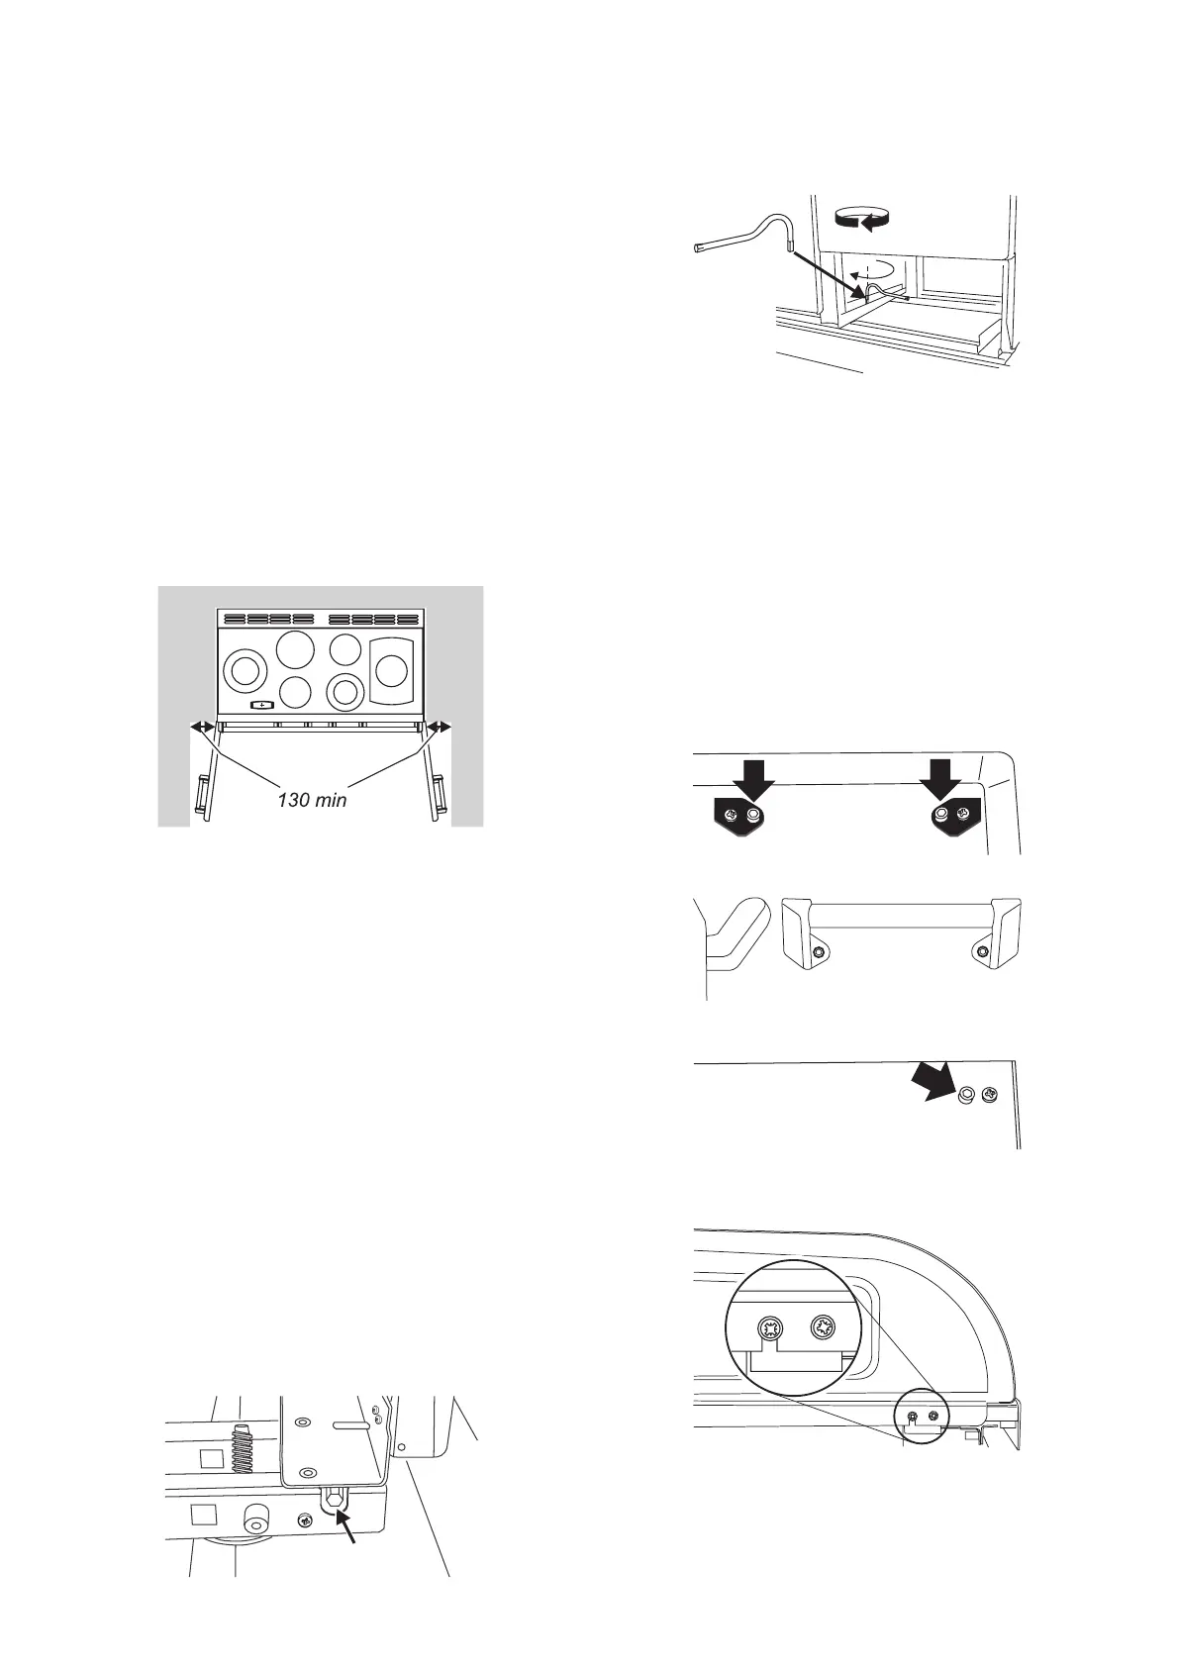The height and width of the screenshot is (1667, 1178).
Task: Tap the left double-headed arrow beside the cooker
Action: click(201, 727)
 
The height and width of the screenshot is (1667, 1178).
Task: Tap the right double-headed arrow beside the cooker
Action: click(439, 727)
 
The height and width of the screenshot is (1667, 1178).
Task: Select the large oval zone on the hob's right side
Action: click(389, 671)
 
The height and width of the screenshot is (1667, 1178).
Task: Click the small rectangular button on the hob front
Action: click(261, 704)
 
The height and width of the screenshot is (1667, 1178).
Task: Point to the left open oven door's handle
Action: click(200, 793)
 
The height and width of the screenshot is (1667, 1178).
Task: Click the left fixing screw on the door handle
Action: click(818, 952)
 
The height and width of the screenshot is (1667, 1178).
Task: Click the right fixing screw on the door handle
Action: click(981, 952)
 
